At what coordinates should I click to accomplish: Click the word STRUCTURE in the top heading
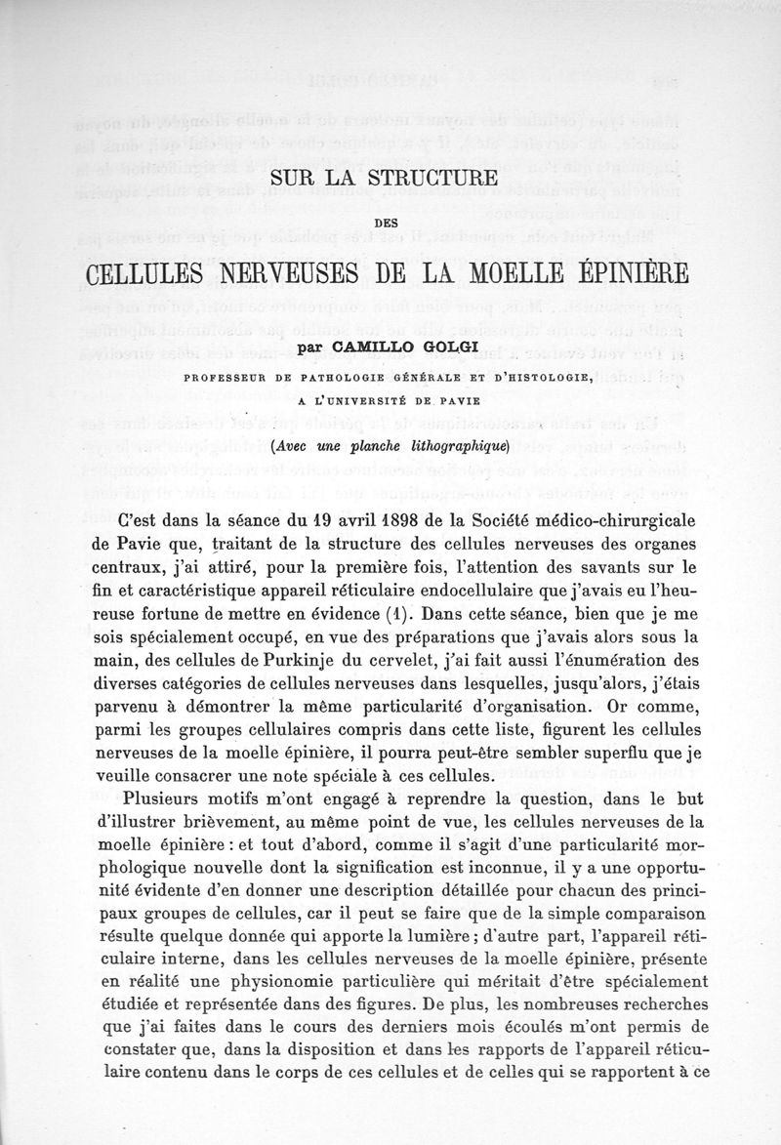pos(432,179)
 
